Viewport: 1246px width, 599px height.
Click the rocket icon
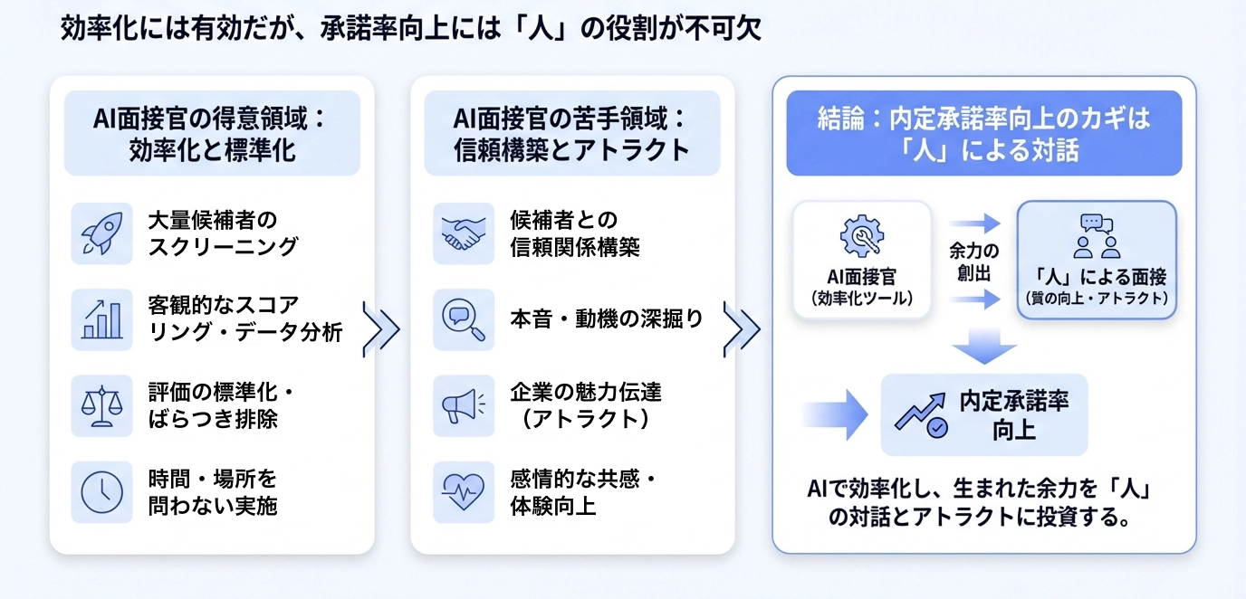tap(101, 233)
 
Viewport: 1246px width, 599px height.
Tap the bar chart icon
tap(101, 319)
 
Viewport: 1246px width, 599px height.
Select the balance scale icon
tap(101, 405)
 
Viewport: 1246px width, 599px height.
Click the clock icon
tap(101, 491)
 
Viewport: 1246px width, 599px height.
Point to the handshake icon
tap(463, 233)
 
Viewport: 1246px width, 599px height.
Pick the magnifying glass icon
tap(463, 319)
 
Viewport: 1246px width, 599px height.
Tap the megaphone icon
tap(463, 405)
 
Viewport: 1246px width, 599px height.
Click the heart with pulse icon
tap(463, 491)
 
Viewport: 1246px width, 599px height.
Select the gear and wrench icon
tap(861, 236)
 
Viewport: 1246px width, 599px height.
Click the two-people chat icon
tap(1097, 236)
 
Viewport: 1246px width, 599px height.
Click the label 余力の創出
tap(973, 261)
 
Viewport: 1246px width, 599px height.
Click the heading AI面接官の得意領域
tap(212, 119)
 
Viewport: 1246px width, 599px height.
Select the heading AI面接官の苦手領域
tap(572, 119)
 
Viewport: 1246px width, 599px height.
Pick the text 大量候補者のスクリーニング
tap(223, 233)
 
